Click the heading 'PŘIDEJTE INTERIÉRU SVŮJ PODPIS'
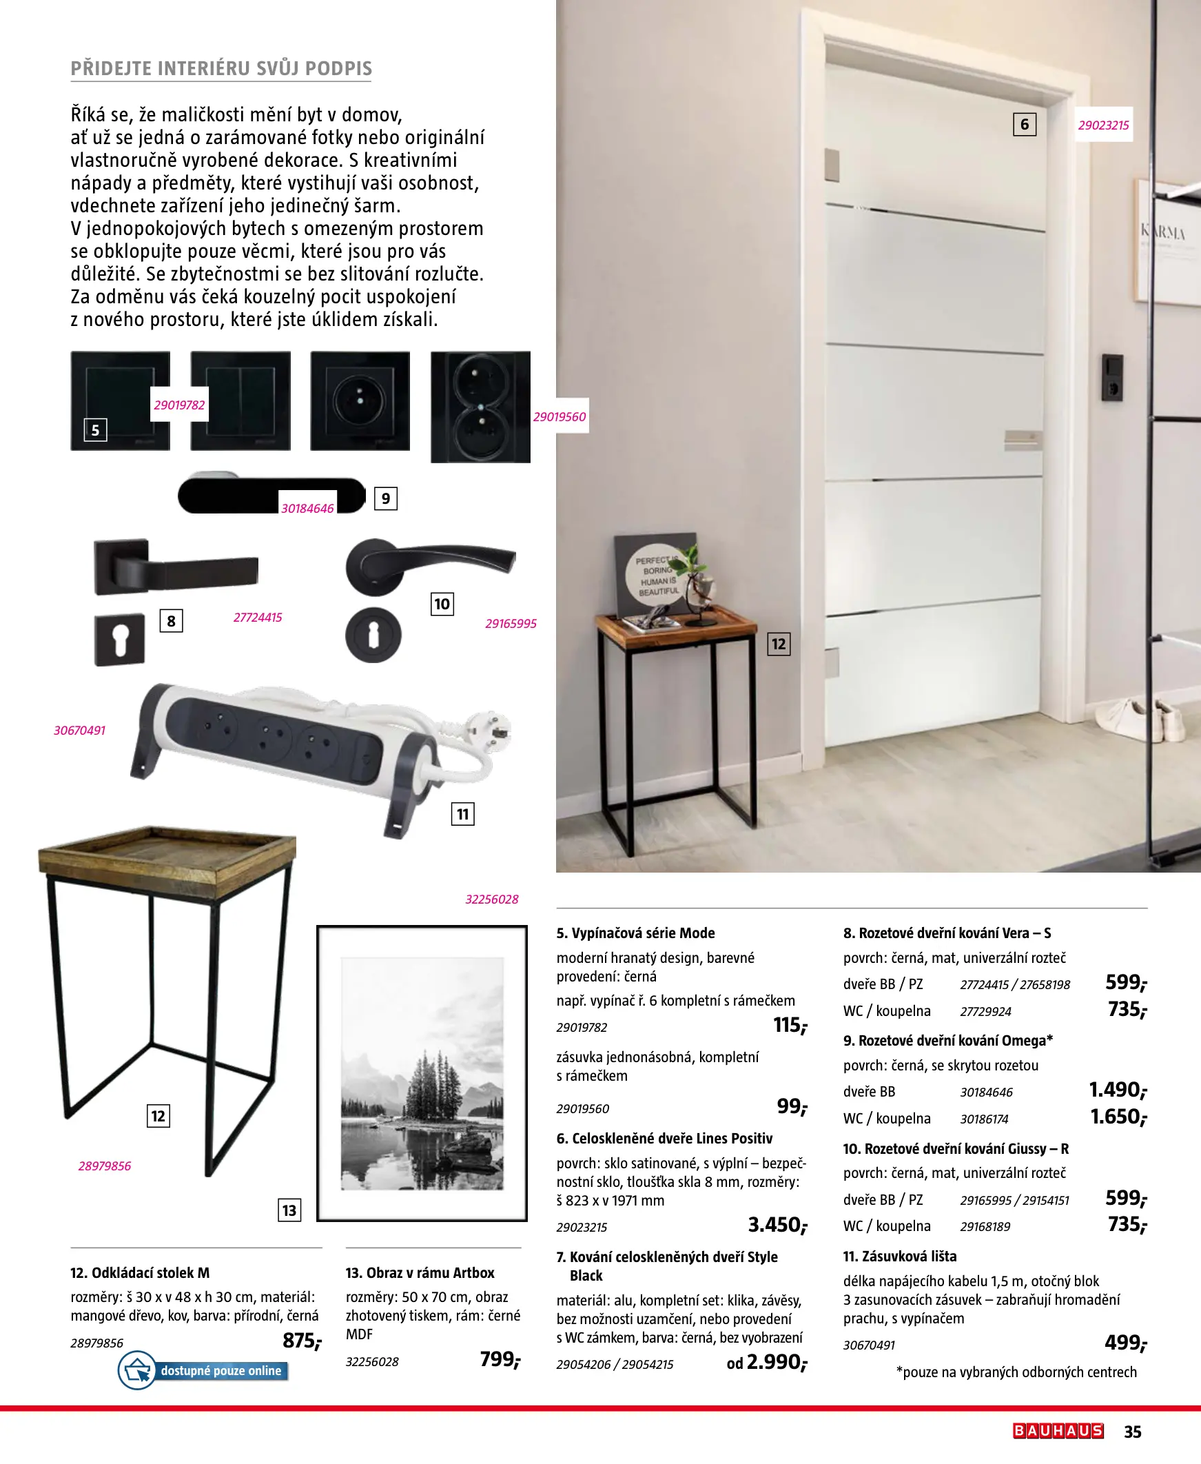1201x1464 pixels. pyautogui.click(x=221, y=68)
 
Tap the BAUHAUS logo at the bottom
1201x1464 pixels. pyautogui.click(x=1057, y=1431)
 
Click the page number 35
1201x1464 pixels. pyautogui.click(x=1133, y=1432)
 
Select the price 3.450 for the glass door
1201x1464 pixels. pyautogui.click(x=777, y=1226)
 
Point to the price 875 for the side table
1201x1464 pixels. pyautogui.click(x=301, y=1341)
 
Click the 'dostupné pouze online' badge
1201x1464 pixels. pyautogui.click(x=203, y=1370)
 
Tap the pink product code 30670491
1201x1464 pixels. pyautogui.click(x=79, y=731)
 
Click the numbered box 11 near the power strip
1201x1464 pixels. pyautogui.click(x=463, y=814)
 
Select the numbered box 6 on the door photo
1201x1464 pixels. pyautogui.click(x=1025, y=125)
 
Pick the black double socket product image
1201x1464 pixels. pyautogui.click(x=480, y=406)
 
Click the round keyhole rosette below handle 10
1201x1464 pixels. pyautogui.click(x=373, y=635)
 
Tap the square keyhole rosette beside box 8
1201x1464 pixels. pyautogui.click(x=120, y=640)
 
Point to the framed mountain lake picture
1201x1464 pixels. pyautogui.click(x=422, y=1073)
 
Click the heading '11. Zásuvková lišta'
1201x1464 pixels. pyautogui.click(x=899, y=1256)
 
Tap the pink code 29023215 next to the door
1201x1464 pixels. pyautogui.click(x=1103, y=125)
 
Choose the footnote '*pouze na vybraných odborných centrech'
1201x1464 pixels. pyautogui.click(x=1016, y=1371)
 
